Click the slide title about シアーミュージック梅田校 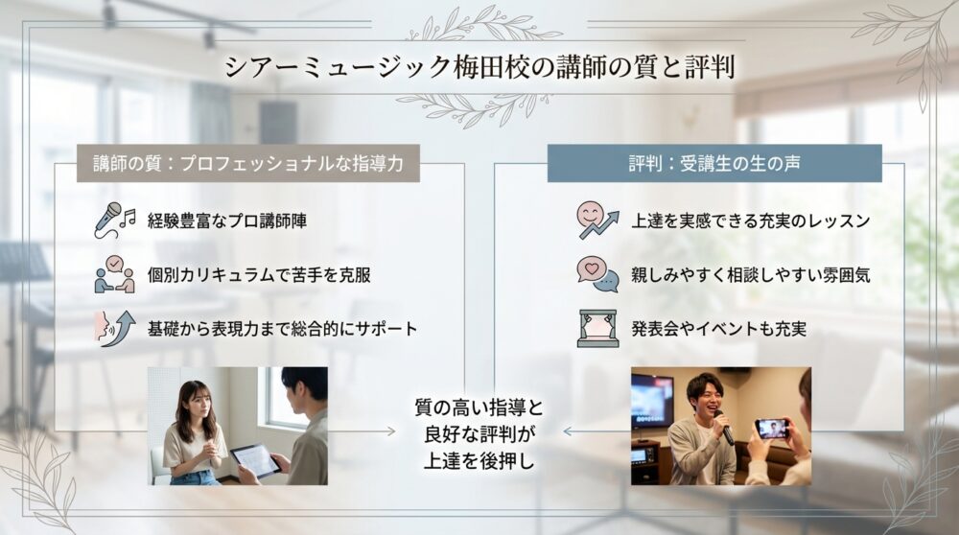(479, 68)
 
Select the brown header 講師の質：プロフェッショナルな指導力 (248, 164)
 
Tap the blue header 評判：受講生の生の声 (714, 164)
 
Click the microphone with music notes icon (113, 220)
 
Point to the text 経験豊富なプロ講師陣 (227, 221)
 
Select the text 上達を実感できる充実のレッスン (751, 221)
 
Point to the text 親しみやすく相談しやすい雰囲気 (751, 275)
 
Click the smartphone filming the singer (772, 428)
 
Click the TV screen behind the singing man (652, 398)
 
